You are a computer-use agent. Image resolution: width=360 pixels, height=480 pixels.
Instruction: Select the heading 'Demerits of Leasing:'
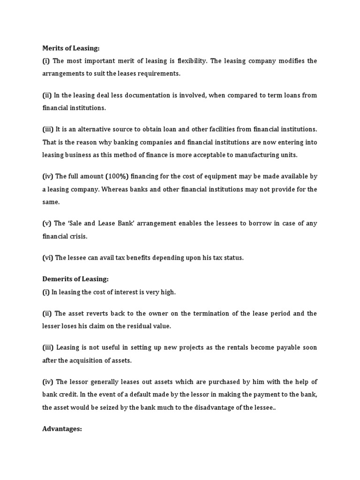[x=75, y=279]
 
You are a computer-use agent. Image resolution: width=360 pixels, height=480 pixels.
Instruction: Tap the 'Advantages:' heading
[x=62, y=429]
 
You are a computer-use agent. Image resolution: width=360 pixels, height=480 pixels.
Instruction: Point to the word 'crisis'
[x=77, y=236]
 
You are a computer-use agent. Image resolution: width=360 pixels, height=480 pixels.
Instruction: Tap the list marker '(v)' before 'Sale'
[x=46, y=224]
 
